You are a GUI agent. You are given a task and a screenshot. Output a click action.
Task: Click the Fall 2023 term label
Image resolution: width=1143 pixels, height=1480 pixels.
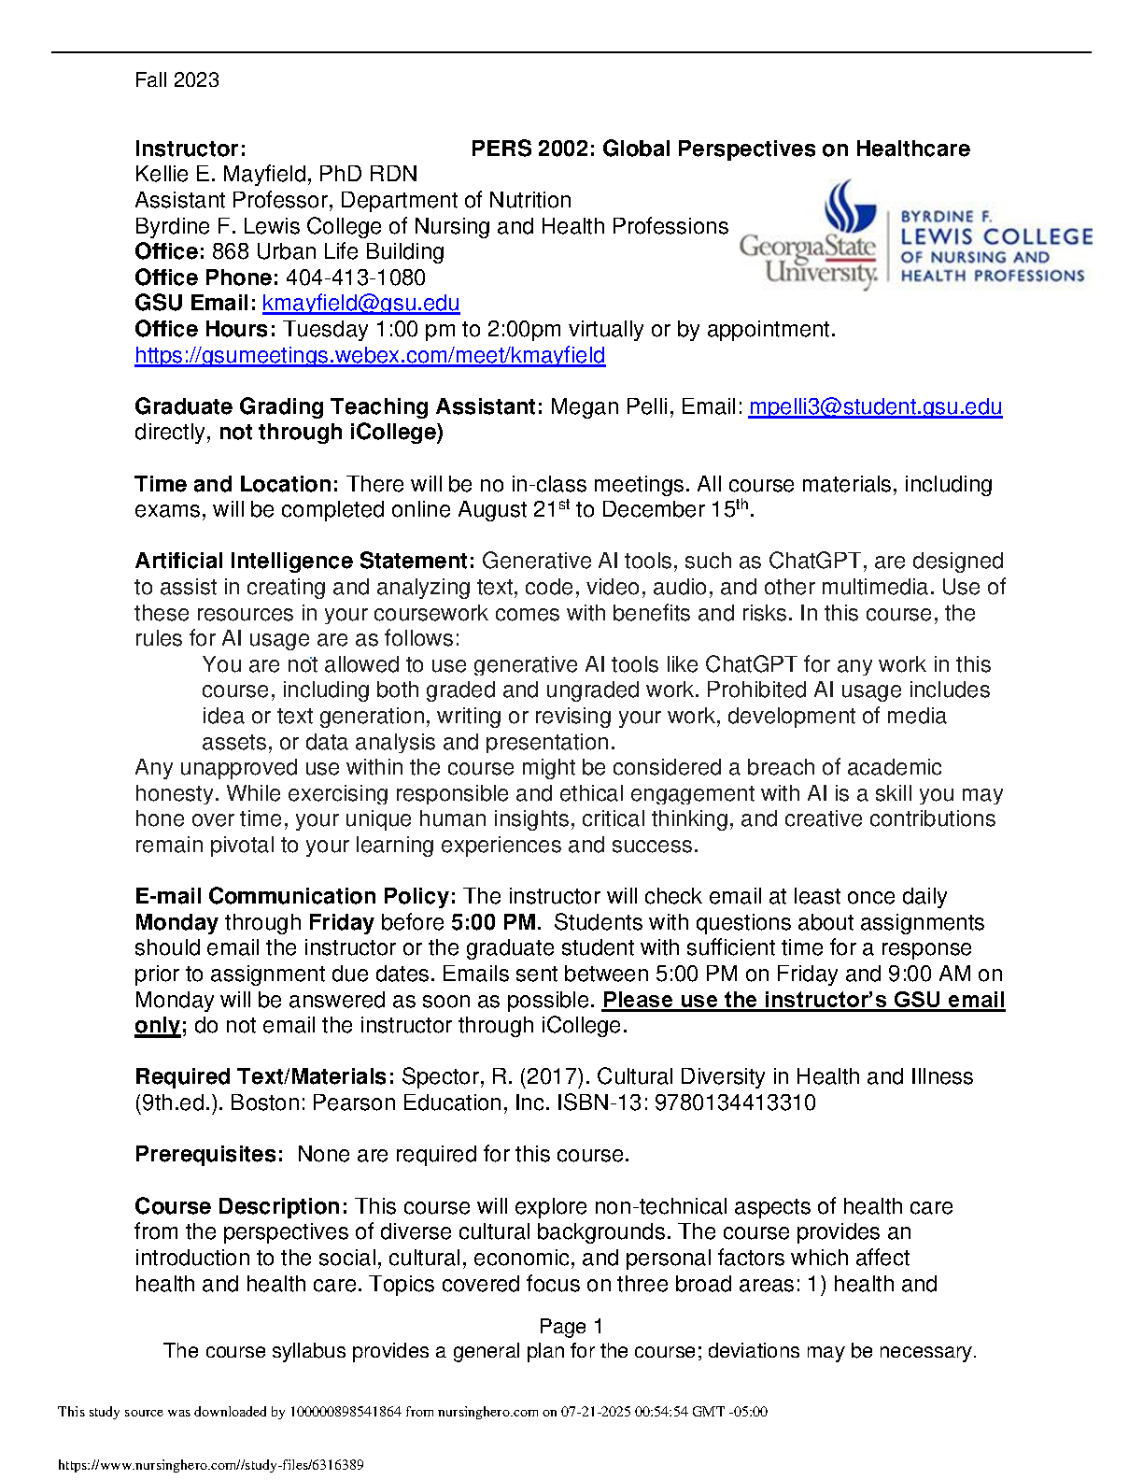(176, 80)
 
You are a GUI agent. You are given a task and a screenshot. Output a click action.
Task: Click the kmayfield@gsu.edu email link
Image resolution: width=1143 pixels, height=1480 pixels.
(360, 304)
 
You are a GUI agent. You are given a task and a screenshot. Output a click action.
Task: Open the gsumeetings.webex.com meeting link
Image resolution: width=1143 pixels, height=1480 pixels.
(370, 356)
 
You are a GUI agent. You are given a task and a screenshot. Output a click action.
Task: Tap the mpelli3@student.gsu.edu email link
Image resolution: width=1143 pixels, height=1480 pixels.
(875, 407)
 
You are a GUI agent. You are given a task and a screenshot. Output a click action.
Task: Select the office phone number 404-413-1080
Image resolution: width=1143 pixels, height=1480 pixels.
(356, 278)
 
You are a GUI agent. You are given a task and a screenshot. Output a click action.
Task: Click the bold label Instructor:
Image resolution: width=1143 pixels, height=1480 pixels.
(190, 149)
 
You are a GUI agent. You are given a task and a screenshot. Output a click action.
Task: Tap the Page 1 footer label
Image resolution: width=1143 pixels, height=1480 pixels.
(571, 1327)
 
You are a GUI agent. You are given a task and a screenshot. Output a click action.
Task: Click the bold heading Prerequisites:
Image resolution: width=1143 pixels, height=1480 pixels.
(208, 1155)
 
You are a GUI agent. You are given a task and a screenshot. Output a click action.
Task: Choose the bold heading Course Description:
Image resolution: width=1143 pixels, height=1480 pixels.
(241, 1207)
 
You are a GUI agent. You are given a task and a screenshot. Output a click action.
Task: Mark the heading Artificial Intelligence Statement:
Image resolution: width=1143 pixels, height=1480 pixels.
(304, 562)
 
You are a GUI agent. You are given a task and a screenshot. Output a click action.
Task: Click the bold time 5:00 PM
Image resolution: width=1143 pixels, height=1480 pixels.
(494, 923)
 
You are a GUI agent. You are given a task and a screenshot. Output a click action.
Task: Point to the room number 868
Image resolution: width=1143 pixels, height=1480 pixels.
(231, 252)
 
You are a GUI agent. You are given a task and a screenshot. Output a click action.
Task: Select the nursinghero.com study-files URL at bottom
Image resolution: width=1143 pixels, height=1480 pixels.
(210, 1465)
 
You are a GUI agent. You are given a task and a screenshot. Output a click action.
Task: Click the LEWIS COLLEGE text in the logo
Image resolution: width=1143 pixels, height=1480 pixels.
(995, 237)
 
